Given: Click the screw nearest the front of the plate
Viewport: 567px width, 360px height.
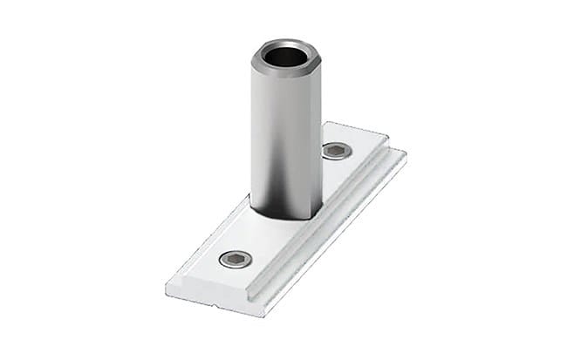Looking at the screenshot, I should coord(236,259).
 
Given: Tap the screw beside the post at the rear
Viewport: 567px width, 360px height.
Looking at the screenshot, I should coord(337,151).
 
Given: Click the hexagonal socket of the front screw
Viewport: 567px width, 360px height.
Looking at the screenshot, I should coord(236,259).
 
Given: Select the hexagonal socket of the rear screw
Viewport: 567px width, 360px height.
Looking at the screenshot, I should coord(337,151).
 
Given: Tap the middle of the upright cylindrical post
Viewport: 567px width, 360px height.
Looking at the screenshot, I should coord(285,139).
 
